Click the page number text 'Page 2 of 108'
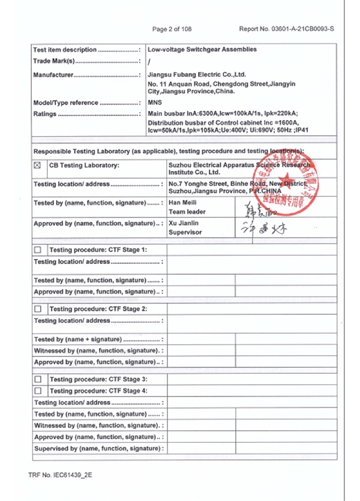coord(172,28)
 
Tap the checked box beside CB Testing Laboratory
coord(38,164)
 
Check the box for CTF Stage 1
coord(38,250)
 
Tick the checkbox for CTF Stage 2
coord(38,309)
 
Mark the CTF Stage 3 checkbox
coord(38,379)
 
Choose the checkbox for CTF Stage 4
coord(38,391)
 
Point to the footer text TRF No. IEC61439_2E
coord(60,475)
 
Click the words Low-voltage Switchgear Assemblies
coord(202,49)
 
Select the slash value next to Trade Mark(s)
coord(149,61)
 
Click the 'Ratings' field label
coord(45,113)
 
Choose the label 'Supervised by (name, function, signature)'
coord(96,448)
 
